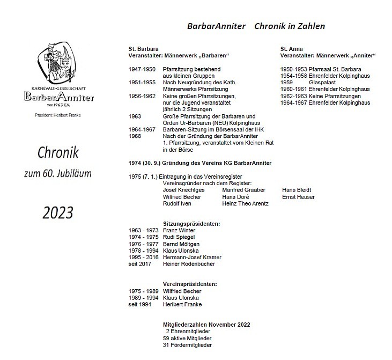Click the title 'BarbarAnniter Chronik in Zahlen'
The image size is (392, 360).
(x=256, y=26)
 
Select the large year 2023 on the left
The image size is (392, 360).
(x=58, y=212)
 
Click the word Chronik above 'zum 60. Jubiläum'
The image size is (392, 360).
(x=58, y=153)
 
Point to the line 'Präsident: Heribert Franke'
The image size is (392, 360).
(x=58, y=115)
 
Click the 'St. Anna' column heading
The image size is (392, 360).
(x=293, y=49)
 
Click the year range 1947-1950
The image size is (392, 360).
(x=142, y=69)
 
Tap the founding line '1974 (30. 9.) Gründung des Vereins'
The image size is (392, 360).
(x=199, y=163)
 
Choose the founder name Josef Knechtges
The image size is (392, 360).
(x=184, y=190)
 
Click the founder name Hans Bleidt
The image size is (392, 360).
(x=297, y=190)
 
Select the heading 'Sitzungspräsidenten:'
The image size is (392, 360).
(x=191, y=224)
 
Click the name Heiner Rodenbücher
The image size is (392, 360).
(x=189, y=264)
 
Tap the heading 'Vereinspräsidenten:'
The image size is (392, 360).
(x=190, y=284)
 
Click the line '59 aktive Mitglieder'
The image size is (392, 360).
(x=187, y=339)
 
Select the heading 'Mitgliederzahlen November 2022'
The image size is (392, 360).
(x=206, y=325)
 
